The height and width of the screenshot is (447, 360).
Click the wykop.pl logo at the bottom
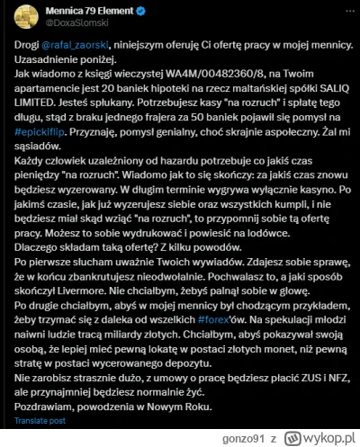[x=327, y=438]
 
